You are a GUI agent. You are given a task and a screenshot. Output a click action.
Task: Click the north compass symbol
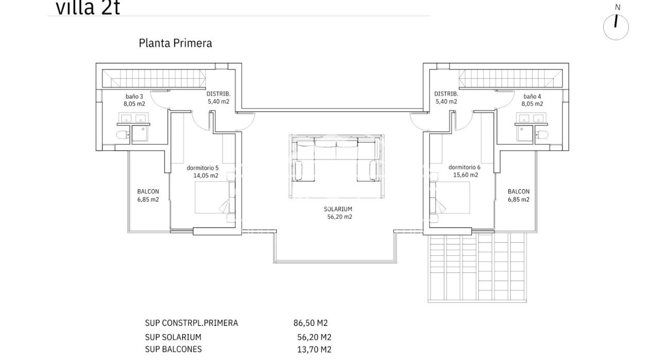click(616, 26)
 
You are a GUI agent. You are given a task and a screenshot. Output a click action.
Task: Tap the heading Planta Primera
click(175, 43)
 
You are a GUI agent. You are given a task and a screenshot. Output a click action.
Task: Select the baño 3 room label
click(134, 96)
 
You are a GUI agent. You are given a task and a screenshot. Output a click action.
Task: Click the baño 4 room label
click(533, 96)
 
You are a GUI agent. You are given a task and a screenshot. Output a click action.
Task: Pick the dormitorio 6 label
click(464, 168)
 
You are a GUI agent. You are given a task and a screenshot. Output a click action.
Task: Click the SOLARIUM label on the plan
click(338, 209)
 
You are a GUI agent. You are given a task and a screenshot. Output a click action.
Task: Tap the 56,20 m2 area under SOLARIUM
click(338, 217)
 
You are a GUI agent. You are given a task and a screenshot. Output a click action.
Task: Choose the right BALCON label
click(518, 192)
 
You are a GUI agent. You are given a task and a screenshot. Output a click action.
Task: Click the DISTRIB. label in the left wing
click(218, 94)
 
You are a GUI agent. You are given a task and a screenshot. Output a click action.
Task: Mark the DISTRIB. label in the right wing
click(446, 94)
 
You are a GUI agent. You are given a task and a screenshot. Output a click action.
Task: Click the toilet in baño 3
click(122, 136)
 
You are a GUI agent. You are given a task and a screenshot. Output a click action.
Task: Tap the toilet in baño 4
click(543, 136)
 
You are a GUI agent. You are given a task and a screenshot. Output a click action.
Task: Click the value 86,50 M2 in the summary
click(310, 323)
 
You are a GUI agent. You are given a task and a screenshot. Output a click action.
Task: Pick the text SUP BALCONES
click(173, 349)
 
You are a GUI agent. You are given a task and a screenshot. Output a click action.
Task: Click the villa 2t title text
click(88, 8)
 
